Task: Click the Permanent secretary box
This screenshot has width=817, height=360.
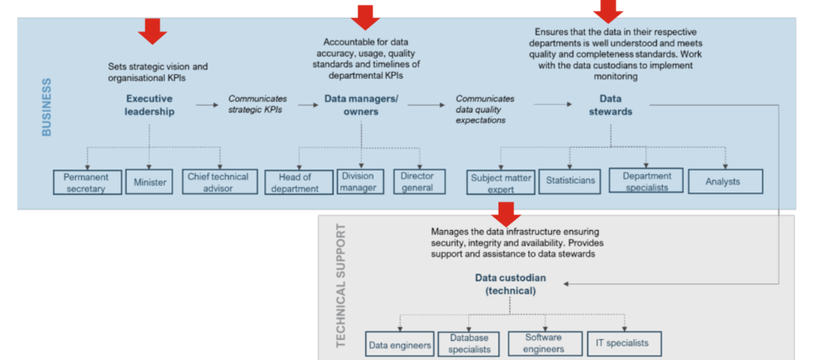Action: click(x=88, y=182)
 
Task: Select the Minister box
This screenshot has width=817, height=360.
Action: click(x=149, y=182)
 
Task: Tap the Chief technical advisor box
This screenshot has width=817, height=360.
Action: click(x=220, y=182)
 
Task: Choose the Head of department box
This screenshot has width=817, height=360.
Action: click(x=299, y=182)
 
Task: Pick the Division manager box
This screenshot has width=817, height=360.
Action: click(x=360, y=182)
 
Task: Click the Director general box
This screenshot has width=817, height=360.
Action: click(x=420, y=182)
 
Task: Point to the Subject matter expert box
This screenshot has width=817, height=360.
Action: click(x=501, y=182)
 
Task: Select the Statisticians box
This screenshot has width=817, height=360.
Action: click(x=570, y=182)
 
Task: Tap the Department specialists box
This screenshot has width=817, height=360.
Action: click(x=646, y=181)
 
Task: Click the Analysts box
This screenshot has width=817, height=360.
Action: click(x=725, y=182)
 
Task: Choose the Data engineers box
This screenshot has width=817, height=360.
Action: click(x=400, y=344)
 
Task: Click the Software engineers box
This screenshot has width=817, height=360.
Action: click(x=544, y=344)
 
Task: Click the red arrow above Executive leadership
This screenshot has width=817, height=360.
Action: click(x=152, y=31)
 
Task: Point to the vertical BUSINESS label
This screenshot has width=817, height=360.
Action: click(x=46, y=107)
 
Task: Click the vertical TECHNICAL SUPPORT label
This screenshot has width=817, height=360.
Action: click(x=341, y=286)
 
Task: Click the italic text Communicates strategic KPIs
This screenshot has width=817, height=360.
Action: click(x=258, y=105)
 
